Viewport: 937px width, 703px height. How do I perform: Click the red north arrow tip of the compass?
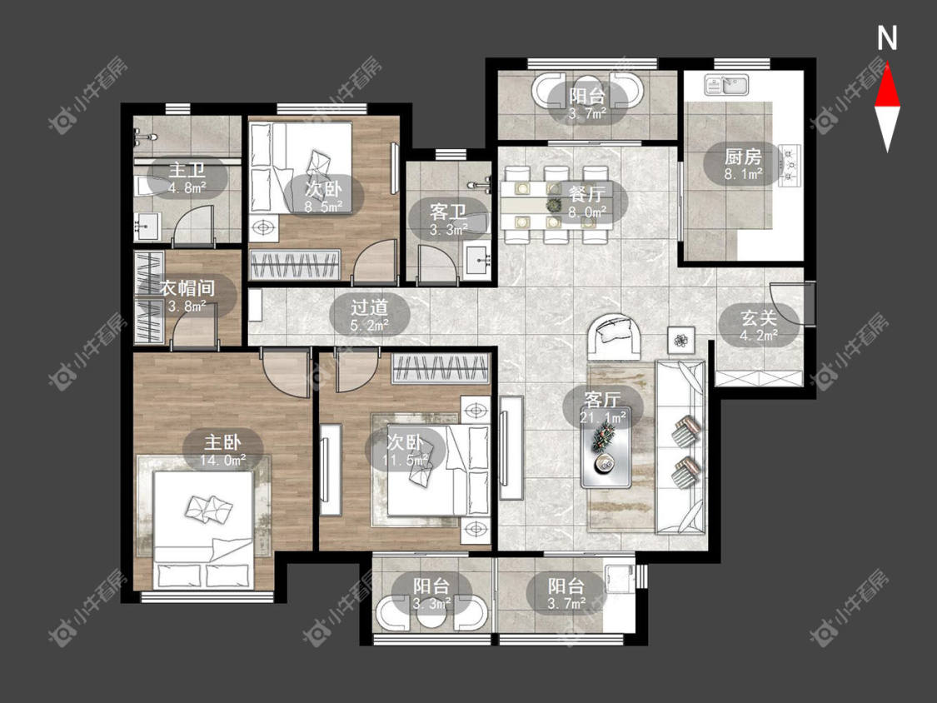(887, 63)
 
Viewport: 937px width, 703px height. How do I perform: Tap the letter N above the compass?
(887, 38)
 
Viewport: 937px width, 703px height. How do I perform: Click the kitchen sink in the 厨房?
(726, 85)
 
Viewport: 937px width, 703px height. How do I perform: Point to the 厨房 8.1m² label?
(743, 164)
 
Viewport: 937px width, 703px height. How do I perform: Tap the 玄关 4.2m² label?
(759, 325)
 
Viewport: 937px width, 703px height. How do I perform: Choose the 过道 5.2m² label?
(369, 315)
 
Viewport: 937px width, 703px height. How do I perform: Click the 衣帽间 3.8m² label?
(187, 297)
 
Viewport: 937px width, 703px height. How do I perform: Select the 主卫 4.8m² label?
(187, 178)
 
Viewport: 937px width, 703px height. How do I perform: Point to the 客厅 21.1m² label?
(603, 407)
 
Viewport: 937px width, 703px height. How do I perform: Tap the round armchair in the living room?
(615, 336)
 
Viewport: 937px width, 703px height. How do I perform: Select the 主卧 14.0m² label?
(222, 450)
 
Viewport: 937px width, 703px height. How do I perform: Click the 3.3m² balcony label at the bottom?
(431, 594)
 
